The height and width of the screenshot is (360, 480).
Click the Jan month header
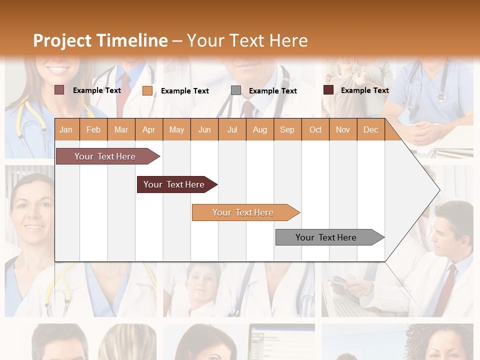point(66,129)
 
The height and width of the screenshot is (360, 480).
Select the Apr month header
point(148,129)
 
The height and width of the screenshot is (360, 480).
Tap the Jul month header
point(232,129)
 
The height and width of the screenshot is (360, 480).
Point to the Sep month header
point(287,129)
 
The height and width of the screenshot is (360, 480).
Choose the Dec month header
point(370,129)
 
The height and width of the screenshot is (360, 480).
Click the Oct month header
point(315,129)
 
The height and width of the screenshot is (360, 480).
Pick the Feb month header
point(93,129)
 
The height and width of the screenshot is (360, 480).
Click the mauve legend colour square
point(59,90)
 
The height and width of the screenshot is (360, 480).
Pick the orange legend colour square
point(147,90)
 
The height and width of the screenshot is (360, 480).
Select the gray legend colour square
point(235,90)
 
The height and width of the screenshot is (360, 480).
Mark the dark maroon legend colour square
point(328,90)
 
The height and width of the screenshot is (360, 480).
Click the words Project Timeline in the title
point(100,40)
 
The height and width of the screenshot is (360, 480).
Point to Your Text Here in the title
point(247,40)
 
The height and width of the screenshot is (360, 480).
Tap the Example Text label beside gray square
point(272,91)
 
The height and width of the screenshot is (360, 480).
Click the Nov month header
point(343,129)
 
